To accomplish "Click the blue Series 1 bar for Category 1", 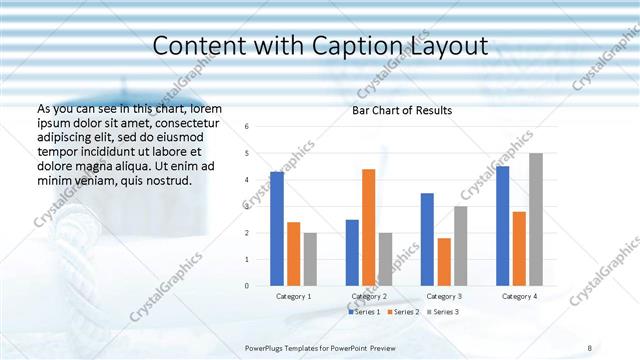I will [x=277, y=229].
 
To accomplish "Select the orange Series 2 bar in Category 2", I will [x=368, y=227].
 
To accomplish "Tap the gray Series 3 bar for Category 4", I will [x=536, y=219].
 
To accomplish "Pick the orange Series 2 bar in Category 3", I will [x=444, y=262].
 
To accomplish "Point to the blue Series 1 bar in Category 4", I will [x=502, y=226].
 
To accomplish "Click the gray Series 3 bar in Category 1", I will [x=310, y=259].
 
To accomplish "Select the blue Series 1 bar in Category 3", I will [x=427, y=239].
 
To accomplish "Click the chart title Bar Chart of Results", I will [x=402, y=110].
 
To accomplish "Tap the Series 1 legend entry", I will [x=365, y=312].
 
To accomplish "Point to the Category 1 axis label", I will [x=294, y=297].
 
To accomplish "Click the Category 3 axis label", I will [x=444, y=297].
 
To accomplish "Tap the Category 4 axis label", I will [x=519, y=297].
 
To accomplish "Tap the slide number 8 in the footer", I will [x=590, y=346].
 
